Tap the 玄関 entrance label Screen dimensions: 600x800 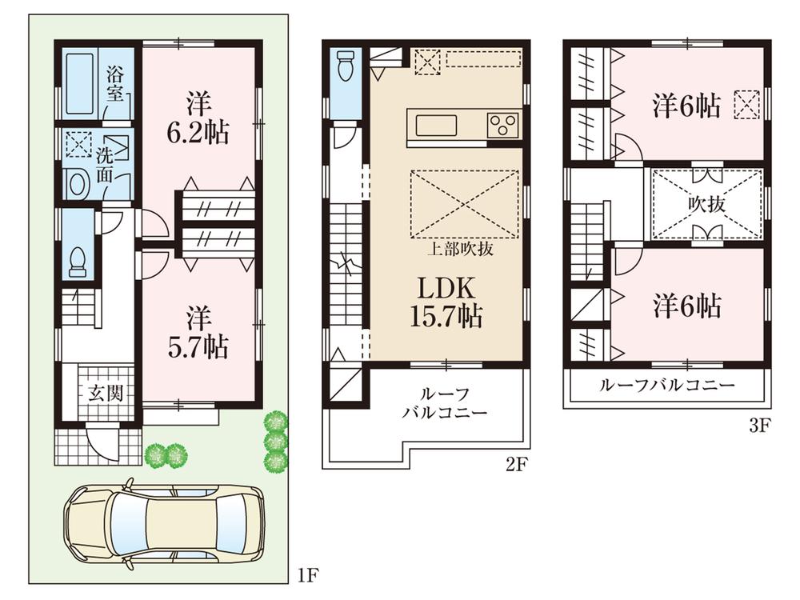click(x=100, y=393)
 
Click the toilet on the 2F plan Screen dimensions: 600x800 click(x=346, y=66)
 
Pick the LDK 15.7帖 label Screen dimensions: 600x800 click(x=446, y=302)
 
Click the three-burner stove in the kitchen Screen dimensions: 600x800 click(x=503, y=125)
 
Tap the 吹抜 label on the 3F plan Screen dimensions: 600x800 click(x=706, y=204)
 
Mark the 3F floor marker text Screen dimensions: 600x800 click(x=758, y=426)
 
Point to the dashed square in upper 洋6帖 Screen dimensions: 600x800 click(x=746, y=105)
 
